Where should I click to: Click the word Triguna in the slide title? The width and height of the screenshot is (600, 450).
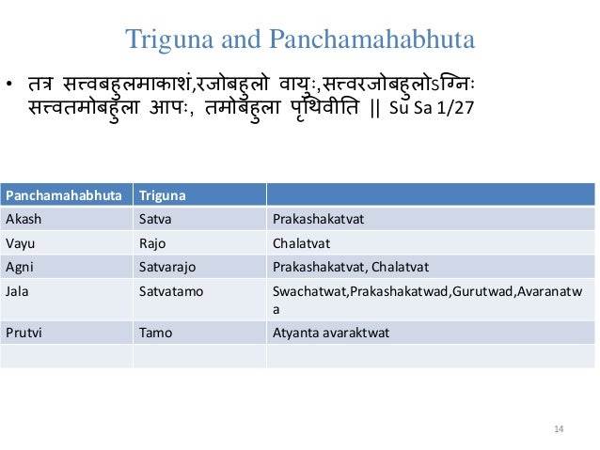165,40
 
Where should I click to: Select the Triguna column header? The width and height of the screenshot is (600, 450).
162,196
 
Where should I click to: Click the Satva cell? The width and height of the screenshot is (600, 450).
155,219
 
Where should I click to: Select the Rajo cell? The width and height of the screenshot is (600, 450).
153,242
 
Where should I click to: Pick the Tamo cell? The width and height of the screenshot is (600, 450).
155,332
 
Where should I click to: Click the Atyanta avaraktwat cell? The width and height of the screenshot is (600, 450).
330,332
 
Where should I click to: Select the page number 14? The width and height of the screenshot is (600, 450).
559,429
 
